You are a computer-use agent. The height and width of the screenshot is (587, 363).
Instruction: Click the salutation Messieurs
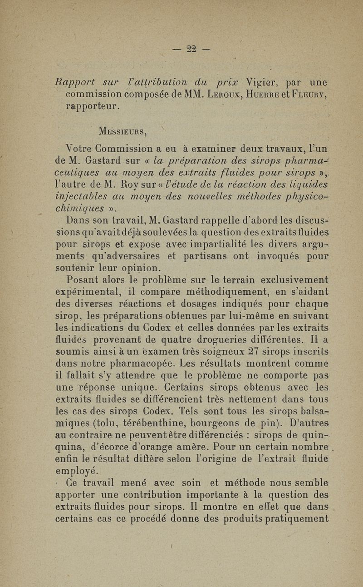124,132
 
